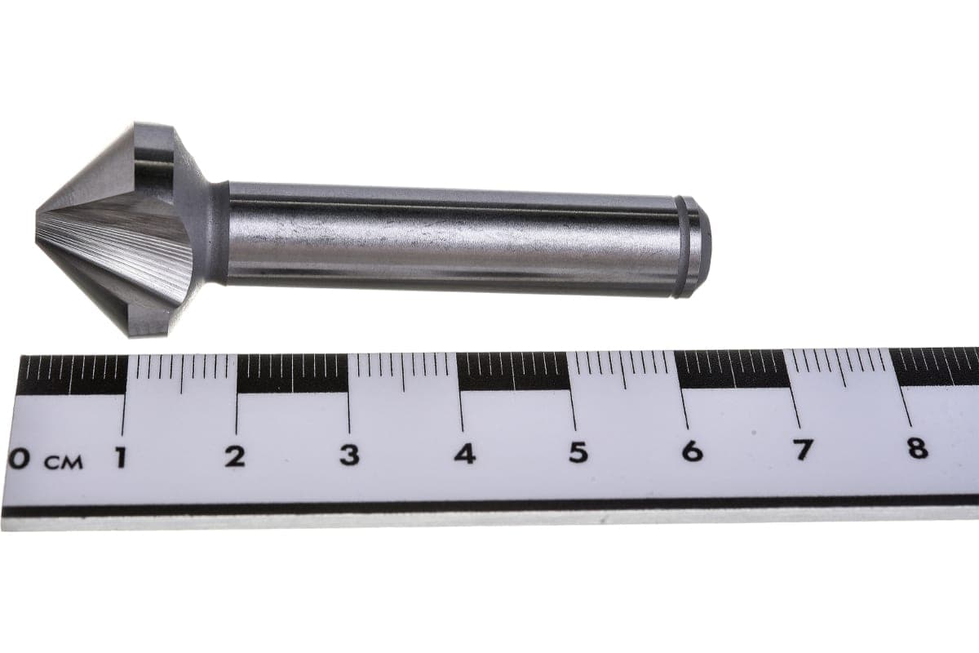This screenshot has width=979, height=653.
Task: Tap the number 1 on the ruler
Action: (x=121, y=457)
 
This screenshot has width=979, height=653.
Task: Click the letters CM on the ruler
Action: (x=64, y=462)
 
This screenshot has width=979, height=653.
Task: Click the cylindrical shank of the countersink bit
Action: (x=449, y=237)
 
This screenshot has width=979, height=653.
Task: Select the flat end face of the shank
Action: (x=703, y=247)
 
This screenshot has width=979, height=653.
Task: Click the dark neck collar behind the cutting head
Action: (x=218, y=233)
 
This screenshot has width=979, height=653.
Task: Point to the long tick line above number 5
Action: (x=572, y=400)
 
